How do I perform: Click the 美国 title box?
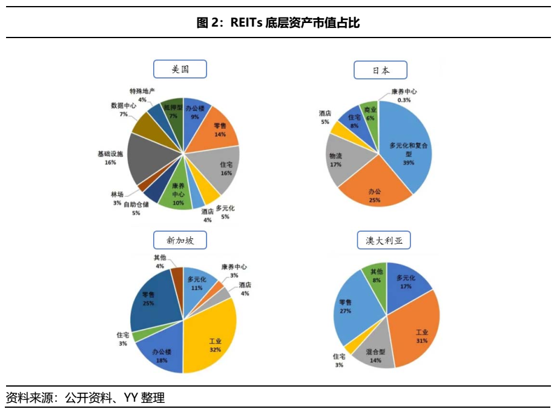tap(180, 70)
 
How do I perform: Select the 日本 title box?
tap(380, 70)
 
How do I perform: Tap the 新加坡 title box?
tap(180, 241)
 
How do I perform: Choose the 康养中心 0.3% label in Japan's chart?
tap(404, 96)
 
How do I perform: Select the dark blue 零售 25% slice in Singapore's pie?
tap(151, 299)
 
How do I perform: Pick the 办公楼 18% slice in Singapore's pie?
tap(161, 353)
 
